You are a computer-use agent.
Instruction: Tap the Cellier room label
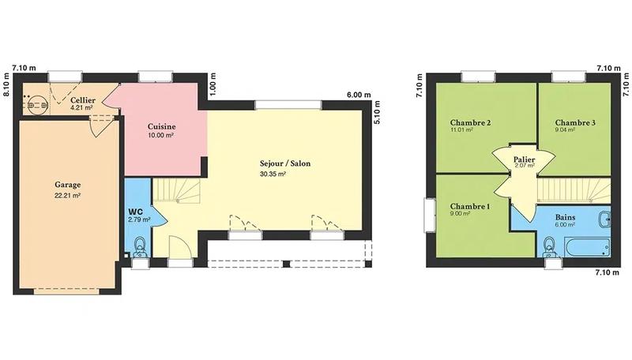[83, 101]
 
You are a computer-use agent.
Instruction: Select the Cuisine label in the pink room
[162, 126]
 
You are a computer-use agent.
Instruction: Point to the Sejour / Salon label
[285, 163]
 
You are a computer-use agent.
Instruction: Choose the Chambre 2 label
[471, 122]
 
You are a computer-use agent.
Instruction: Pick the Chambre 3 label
[575, 122]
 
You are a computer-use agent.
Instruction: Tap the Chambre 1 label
[470, 206]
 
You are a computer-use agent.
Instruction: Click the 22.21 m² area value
[68, 195]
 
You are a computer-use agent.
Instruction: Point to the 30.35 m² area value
[273, 174]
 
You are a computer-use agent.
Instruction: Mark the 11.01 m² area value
[461, 130]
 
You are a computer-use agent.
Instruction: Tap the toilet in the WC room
[140, 251]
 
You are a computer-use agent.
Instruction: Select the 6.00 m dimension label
[357, 95]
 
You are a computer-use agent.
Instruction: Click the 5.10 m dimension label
[377, 114]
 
